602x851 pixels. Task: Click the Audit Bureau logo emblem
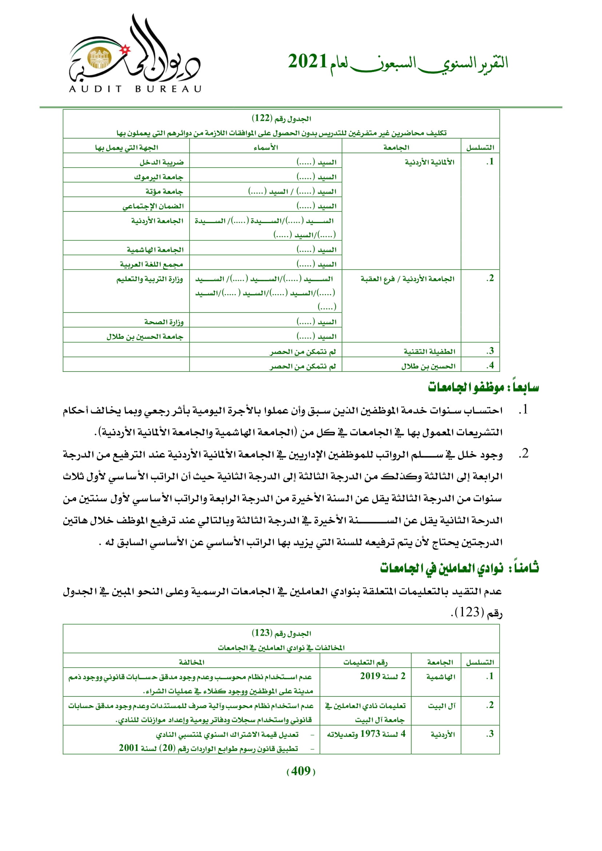[x=135, y=54]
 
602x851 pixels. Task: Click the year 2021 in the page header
[x=307, y=61]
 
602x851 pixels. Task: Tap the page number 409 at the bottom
[x=301, y=771]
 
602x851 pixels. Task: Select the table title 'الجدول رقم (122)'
[x=281, y=119]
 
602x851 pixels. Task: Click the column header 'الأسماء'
[x=265, y=147]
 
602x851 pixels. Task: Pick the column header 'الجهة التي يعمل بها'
[x=126, y=147]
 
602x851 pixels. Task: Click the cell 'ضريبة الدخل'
[x=162, y=162]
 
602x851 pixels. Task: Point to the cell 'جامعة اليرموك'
[x=159, y=177]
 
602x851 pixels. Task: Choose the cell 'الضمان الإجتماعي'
[x=153, y=206]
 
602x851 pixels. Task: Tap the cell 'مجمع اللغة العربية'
[x=151, y=264]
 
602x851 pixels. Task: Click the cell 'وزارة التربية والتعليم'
[x=150, y=279]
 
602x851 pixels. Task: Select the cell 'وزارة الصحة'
[x=164, y=322]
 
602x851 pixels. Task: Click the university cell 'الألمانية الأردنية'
[x=429, y=162]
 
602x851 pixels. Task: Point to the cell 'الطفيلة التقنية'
[x=429, y=351]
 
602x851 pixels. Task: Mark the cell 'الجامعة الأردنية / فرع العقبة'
[x=407, y=279]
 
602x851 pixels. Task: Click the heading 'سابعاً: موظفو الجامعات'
[x=483, y=388]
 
